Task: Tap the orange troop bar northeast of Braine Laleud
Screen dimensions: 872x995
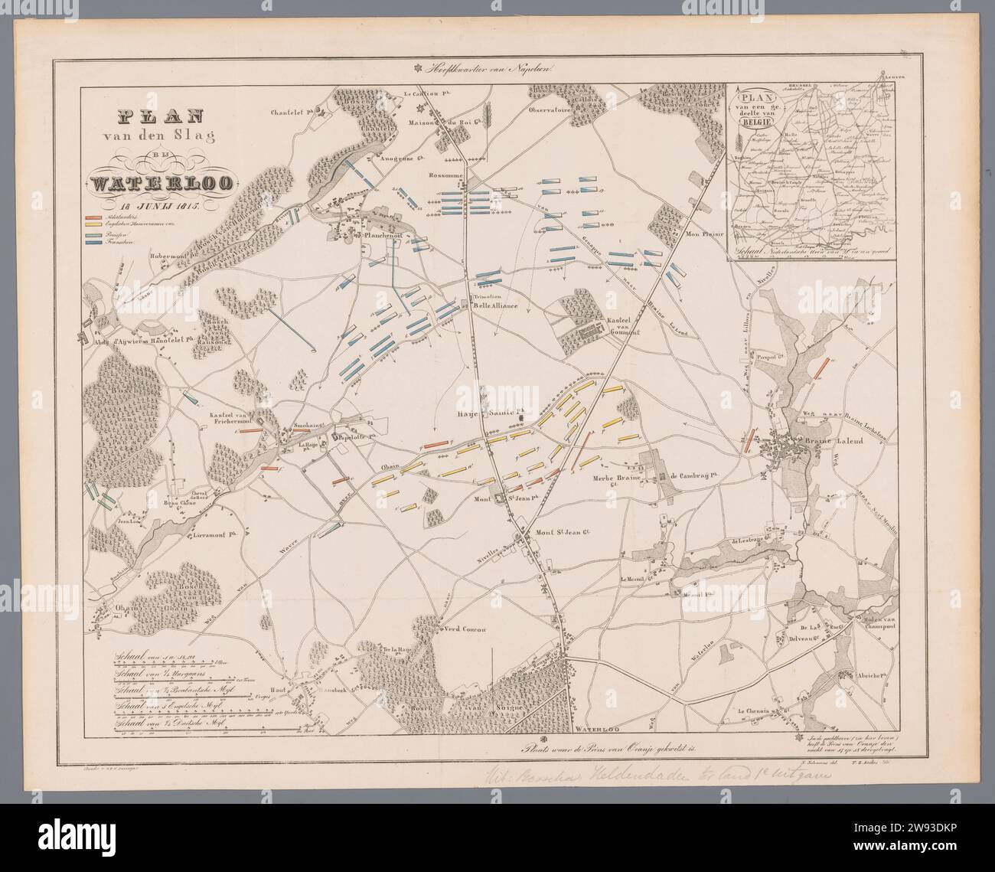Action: tap(821, 367)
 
